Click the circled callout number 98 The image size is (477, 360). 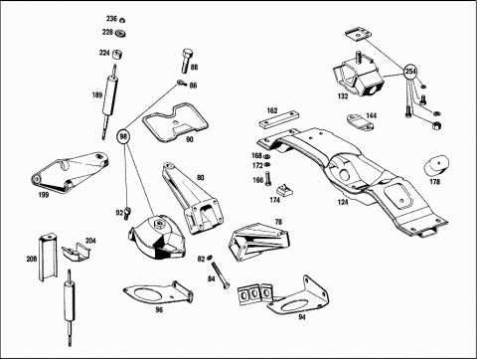coord(123,136)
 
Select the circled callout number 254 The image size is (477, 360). coord(410,72)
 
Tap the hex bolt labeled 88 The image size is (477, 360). coord(187,61)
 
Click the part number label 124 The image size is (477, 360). coord(343,202)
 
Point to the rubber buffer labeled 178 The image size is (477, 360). coord(436,165)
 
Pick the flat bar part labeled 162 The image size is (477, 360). coord(278,121)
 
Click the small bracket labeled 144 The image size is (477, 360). coord(360,122)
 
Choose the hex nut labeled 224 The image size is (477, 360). coord(116,54)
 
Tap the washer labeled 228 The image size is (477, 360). coord(120,33)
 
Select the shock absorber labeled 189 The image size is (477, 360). coord(110,101)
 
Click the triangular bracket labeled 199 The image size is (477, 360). coord(69,172)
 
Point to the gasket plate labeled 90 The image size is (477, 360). coord(175,122)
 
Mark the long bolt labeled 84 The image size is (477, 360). coord(220,274)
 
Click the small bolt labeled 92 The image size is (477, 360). coord(128,213)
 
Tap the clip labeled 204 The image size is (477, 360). coord(77,253)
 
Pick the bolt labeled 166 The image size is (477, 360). coord(268,178)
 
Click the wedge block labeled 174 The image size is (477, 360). coord(284,190)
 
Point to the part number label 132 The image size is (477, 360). coord(343,95)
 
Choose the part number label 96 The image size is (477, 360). coord(159,310)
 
